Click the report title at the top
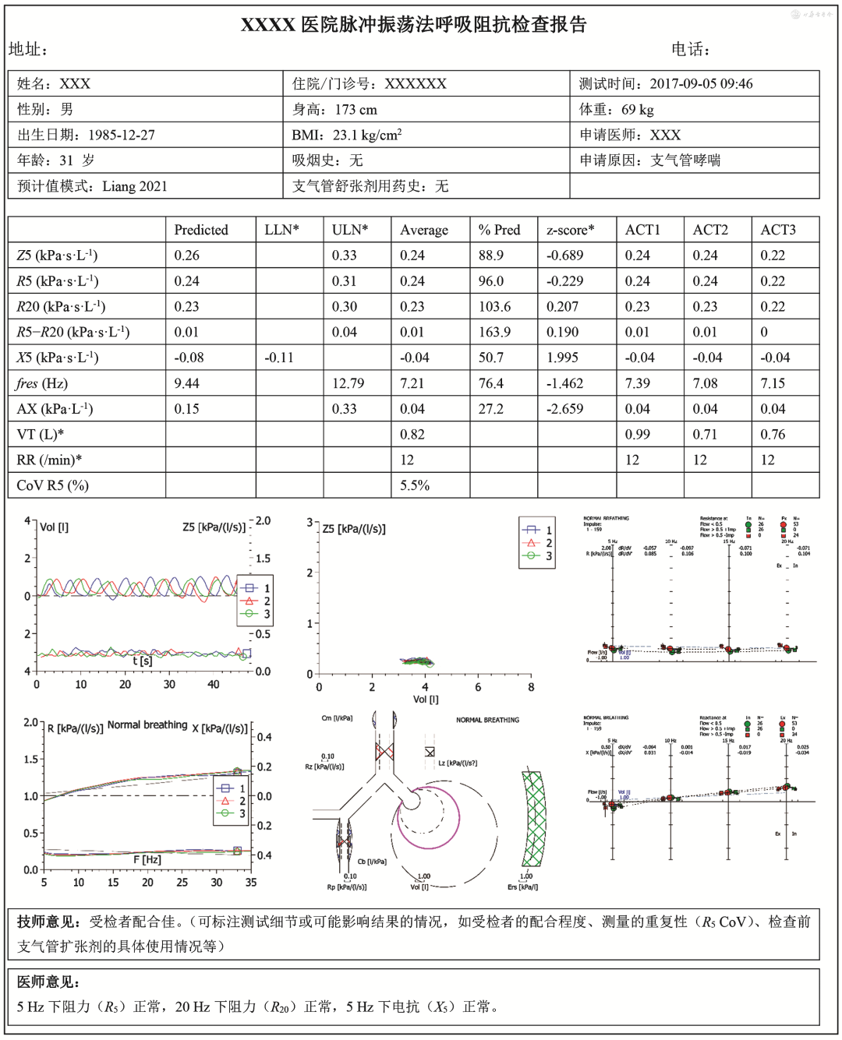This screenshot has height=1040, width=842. [413, 24]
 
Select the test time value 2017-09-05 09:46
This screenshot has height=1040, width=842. [701, 84]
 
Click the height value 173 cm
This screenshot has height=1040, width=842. [356, 110]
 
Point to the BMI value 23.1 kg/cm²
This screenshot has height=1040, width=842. [367, 136]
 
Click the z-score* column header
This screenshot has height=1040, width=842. [570, 230]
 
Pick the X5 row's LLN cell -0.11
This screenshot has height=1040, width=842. [278, 358]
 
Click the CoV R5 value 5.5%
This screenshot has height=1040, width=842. [415, 485]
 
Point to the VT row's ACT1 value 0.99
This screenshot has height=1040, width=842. [637, 435]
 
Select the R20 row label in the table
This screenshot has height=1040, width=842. [61, 307]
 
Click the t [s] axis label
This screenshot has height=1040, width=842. [142, 661]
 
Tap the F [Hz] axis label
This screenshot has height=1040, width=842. [147, 859]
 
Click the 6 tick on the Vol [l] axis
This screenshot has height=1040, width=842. [478, 687]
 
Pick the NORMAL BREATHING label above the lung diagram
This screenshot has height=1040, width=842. [487, 720]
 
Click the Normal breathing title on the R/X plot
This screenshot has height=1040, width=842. [147, 724]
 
